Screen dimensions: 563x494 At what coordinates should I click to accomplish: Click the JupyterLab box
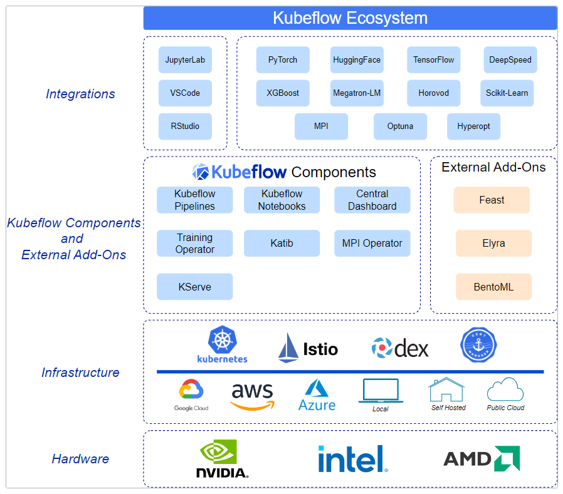click(185, 60)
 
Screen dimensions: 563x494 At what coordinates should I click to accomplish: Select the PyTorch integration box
click(283, 60)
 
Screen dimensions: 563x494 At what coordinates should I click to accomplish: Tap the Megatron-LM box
click(357, 93)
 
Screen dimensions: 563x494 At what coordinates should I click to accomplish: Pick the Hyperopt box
click(473, 126)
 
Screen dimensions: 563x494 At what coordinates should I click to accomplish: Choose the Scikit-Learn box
click(507, 93)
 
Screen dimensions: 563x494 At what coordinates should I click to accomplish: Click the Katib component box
click(281, 243)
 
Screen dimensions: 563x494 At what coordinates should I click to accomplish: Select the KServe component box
click(194, 287)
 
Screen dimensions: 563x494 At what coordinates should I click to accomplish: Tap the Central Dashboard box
click(372, 200)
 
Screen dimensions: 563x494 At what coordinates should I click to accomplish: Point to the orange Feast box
click(492, 200)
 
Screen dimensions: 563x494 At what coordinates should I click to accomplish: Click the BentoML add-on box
click(493, 287)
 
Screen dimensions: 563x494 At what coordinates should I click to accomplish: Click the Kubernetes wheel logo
click(223, 339)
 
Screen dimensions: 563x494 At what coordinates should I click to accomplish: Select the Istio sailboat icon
click(288, 347)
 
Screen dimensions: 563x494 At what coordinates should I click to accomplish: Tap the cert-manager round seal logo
click(478, 345)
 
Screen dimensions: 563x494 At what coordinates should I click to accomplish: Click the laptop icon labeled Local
click(381, 391)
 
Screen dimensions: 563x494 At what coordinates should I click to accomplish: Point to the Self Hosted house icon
click(446, 389)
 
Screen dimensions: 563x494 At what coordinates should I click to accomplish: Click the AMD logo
click(481, 458)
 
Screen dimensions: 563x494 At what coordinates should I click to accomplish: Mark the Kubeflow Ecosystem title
click(350, 18)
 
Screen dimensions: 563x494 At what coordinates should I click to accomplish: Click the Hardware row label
click(80, 459)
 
